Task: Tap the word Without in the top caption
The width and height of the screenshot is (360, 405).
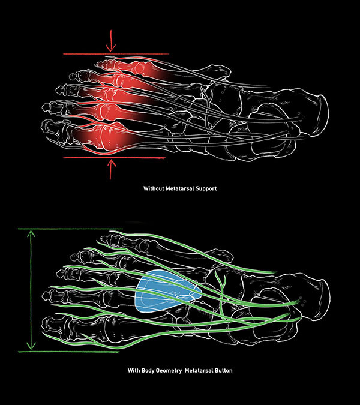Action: pyautogui.click(x=154, y=188)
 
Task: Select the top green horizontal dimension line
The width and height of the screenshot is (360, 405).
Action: pyautogui.click(x=72, y=229)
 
